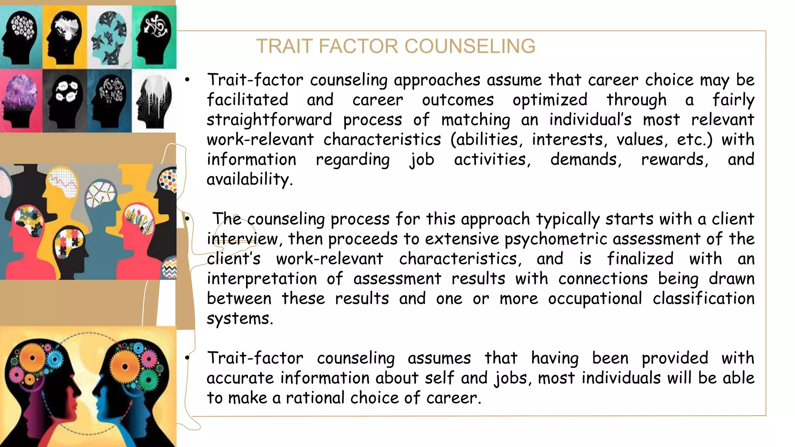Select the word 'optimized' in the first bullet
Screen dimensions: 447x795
[550, 100]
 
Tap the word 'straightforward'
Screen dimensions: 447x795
[269, 120]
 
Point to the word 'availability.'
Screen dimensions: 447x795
[250, 179]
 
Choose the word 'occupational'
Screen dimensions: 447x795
[595, 298]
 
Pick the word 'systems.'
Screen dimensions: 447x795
[240, 319]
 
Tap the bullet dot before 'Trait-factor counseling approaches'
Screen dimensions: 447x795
[187, 80]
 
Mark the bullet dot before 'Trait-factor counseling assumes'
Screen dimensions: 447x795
[187, 358]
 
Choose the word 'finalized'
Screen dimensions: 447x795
[640, 259]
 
